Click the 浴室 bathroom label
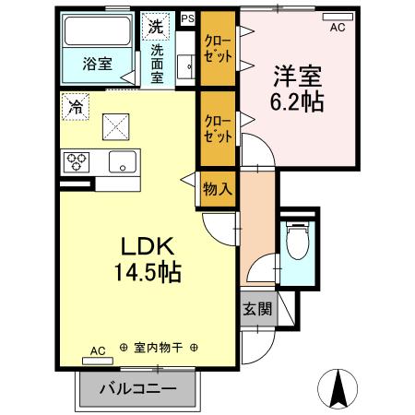pyautogui.click(x=96, y=65)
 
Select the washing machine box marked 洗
pyautogui.click(x=156, y=27)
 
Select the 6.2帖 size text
pyautogui.click(x=295, y=101)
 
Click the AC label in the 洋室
pyautogui.click(x=338, y=28)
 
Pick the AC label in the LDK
pyautogui.click(x=98, y=350)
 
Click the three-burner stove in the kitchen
pyautogui.click(x=77, y=162)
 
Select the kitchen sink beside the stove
pyautogui.click(x=120, y=163)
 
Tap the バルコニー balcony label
pyautogui.click(x=137, y=389)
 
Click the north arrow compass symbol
pyautogui.click(x=338, y=385)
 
